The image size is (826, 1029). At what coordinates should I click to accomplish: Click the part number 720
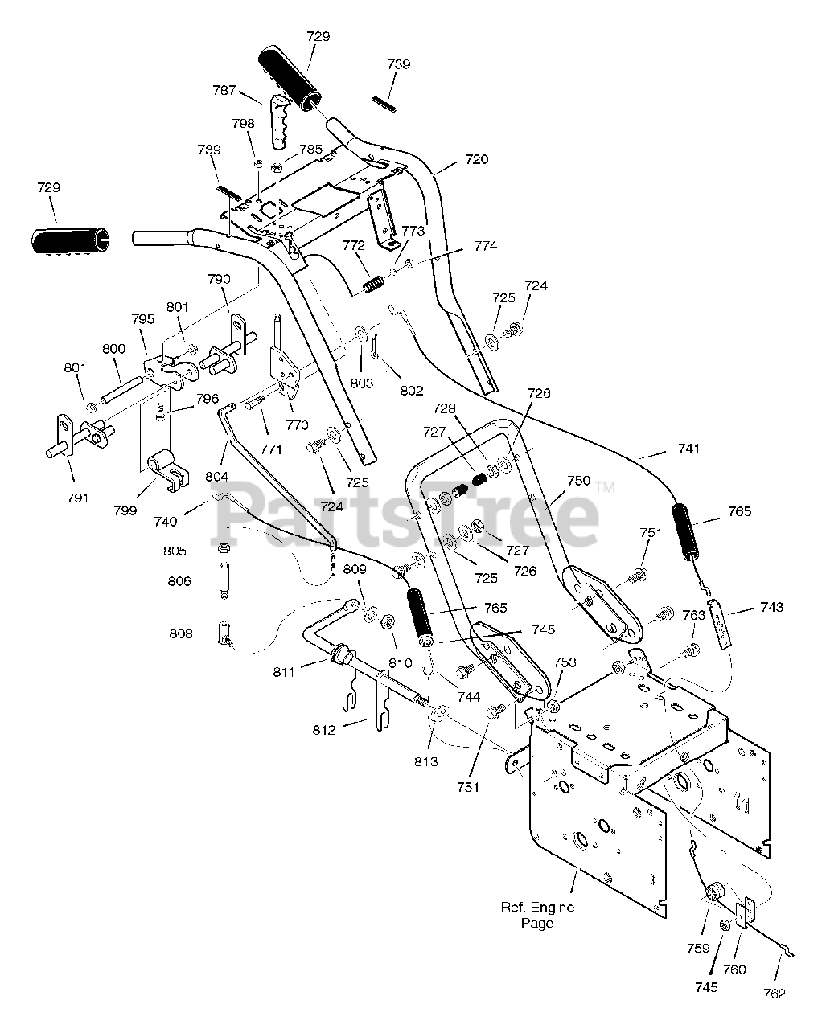point(476,160)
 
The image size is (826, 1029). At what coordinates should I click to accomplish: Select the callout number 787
point(224,92)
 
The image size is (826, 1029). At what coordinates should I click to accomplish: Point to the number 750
point(578,481)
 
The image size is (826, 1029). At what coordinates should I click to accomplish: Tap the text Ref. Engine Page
point(537,915)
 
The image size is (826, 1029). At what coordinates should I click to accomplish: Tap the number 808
point(181,633)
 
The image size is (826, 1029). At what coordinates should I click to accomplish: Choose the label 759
point(698,948)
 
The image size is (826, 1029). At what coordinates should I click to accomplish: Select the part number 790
point(219,280)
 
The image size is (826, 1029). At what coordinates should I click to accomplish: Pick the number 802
point(411,392)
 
